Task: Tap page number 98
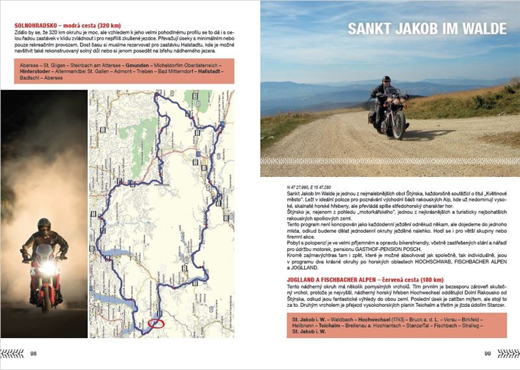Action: click(34, 354)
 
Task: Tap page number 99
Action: click(487, 354)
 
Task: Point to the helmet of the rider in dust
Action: click(44, 225)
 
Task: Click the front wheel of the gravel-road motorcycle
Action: click(397, 124)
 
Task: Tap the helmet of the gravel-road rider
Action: click(383, 81)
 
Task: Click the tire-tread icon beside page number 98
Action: click(13, 354)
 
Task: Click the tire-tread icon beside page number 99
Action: click(508, 354)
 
